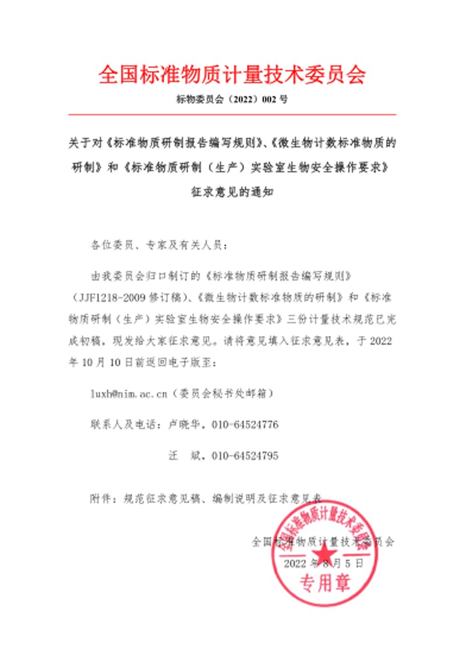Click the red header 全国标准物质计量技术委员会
232,75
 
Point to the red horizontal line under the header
232,115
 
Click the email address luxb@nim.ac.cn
128,394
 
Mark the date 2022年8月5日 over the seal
324,564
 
